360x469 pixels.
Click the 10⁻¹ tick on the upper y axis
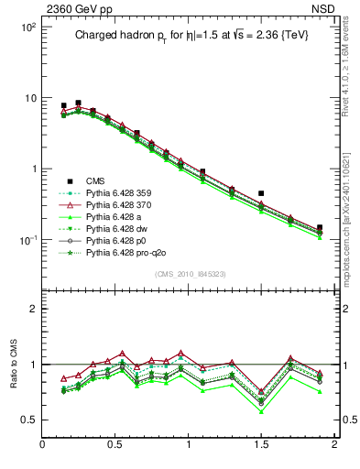[x=27, y=240]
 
